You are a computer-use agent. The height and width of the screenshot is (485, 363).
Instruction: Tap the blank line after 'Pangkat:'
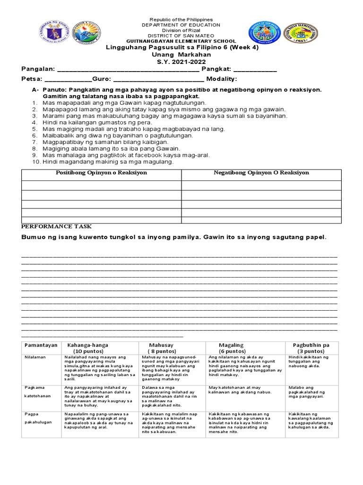(x=255, y=70)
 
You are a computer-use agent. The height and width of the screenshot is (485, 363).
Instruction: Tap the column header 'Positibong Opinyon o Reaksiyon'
(x=102, y=173)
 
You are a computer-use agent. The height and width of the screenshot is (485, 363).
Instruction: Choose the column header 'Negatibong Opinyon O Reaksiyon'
(x=261, y=173)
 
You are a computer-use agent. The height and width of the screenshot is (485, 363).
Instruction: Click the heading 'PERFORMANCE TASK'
(x=57, y=226)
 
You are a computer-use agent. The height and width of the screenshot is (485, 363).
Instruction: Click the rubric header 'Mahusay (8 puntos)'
(x=161, y=348)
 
